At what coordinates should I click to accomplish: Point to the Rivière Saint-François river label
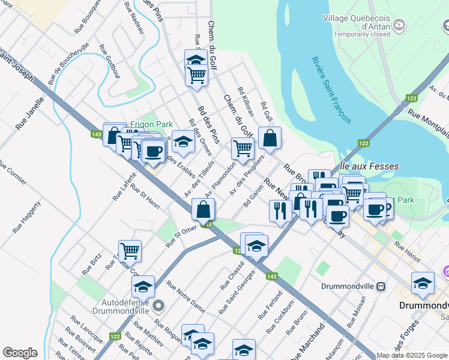click(x=331, y=90)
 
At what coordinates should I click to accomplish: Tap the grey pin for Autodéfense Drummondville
click(x=158, y=306)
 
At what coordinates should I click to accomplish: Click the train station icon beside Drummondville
click(x=381, y=286)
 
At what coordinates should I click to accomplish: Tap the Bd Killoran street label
click(x=247, y=100)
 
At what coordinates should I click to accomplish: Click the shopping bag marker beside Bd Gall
click(x=270, y=138)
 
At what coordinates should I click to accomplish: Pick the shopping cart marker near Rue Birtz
click(x=130, y=250)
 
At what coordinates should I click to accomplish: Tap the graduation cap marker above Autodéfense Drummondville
click(x=143, y=286)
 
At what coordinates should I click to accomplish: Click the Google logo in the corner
click(x=20, y=353)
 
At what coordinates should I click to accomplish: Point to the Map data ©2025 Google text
click(x=412, y=355)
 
